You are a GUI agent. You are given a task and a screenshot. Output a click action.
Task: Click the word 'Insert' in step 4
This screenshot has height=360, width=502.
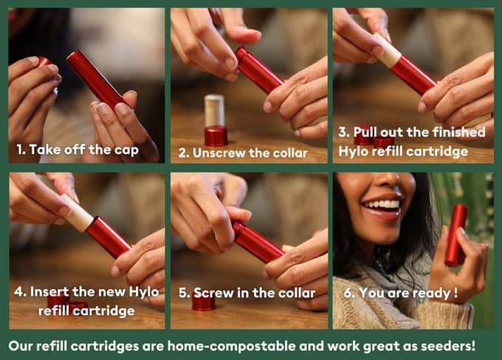[x=49, y=291]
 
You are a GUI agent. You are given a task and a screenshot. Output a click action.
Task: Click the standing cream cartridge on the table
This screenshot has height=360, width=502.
[x=214, y=111]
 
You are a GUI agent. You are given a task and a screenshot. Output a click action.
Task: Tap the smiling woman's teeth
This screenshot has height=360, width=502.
[x=383, y=204]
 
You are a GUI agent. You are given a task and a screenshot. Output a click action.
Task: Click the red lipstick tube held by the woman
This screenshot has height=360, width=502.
[x=455, y=235]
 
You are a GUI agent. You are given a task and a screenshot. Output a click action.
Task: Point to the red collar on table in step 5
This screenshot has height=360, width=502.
[x=203, y=304]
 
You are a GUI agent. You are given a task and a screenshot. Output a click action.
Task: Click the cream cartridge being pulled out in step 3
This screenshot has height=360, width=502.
[x=388, y=51]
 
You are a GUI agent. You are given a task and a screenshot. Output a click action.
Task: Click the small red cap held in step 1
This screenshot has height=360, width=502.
[x=44, y=61]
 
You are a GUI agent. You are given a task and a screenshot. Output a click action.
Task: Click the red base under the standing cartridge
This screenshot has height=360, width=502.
[x=216, y=136]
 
